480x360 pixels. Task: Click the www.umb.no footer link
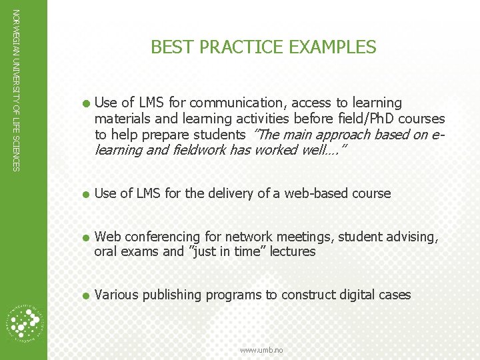tap(261, 350)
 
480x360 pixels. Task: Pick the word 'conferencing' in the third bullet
tap(169, 237)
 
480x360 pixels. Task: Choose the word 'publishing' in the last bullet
tap(171, 295)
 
